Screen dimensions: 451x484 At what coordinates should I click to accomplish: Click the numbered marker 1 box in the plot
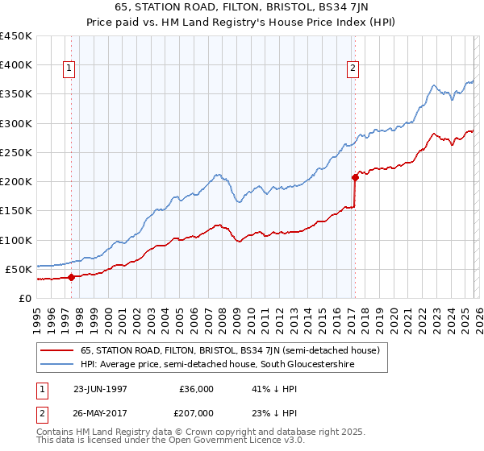(71, 69)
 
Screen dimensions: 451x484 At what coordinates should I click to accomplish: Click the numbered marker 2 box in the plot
(353, 69)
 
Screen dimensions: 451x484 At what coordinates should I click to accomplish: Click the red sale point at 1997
(71, 277)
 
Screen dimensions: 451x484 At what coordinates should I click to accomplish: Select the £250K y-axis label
(16, 152)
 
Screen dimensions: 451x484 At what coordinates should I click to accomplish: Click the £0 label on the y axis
(25, 298)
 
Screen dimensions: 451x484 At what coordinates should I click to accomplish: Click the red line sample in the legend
(57, 350)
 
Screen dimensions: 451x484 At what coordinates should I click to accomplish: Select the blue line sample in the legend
(57, 364)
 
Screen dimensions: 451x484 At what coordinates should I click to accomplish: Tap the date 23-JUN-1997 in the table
(100, 388)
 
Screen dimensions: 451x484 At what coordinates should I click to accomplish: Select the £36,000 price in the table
(196, 388)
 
